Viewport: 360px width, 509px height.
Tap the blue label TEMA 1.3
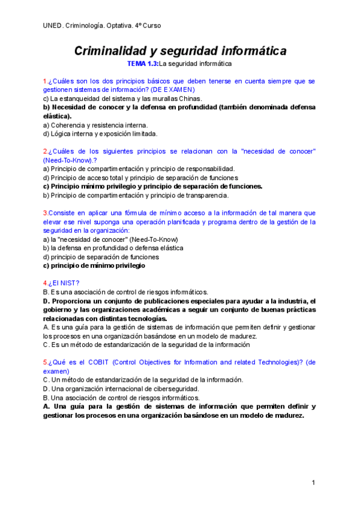[143, 63]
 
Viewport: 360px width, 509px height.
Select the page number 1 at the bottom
[313, 483]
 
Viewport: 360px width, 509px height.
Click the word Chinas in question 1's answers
[190, 98]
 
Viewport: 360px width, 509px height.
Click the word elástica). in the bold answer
[56, 116]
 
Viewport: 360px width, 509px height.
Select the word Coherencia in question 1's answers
[68, 125]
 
